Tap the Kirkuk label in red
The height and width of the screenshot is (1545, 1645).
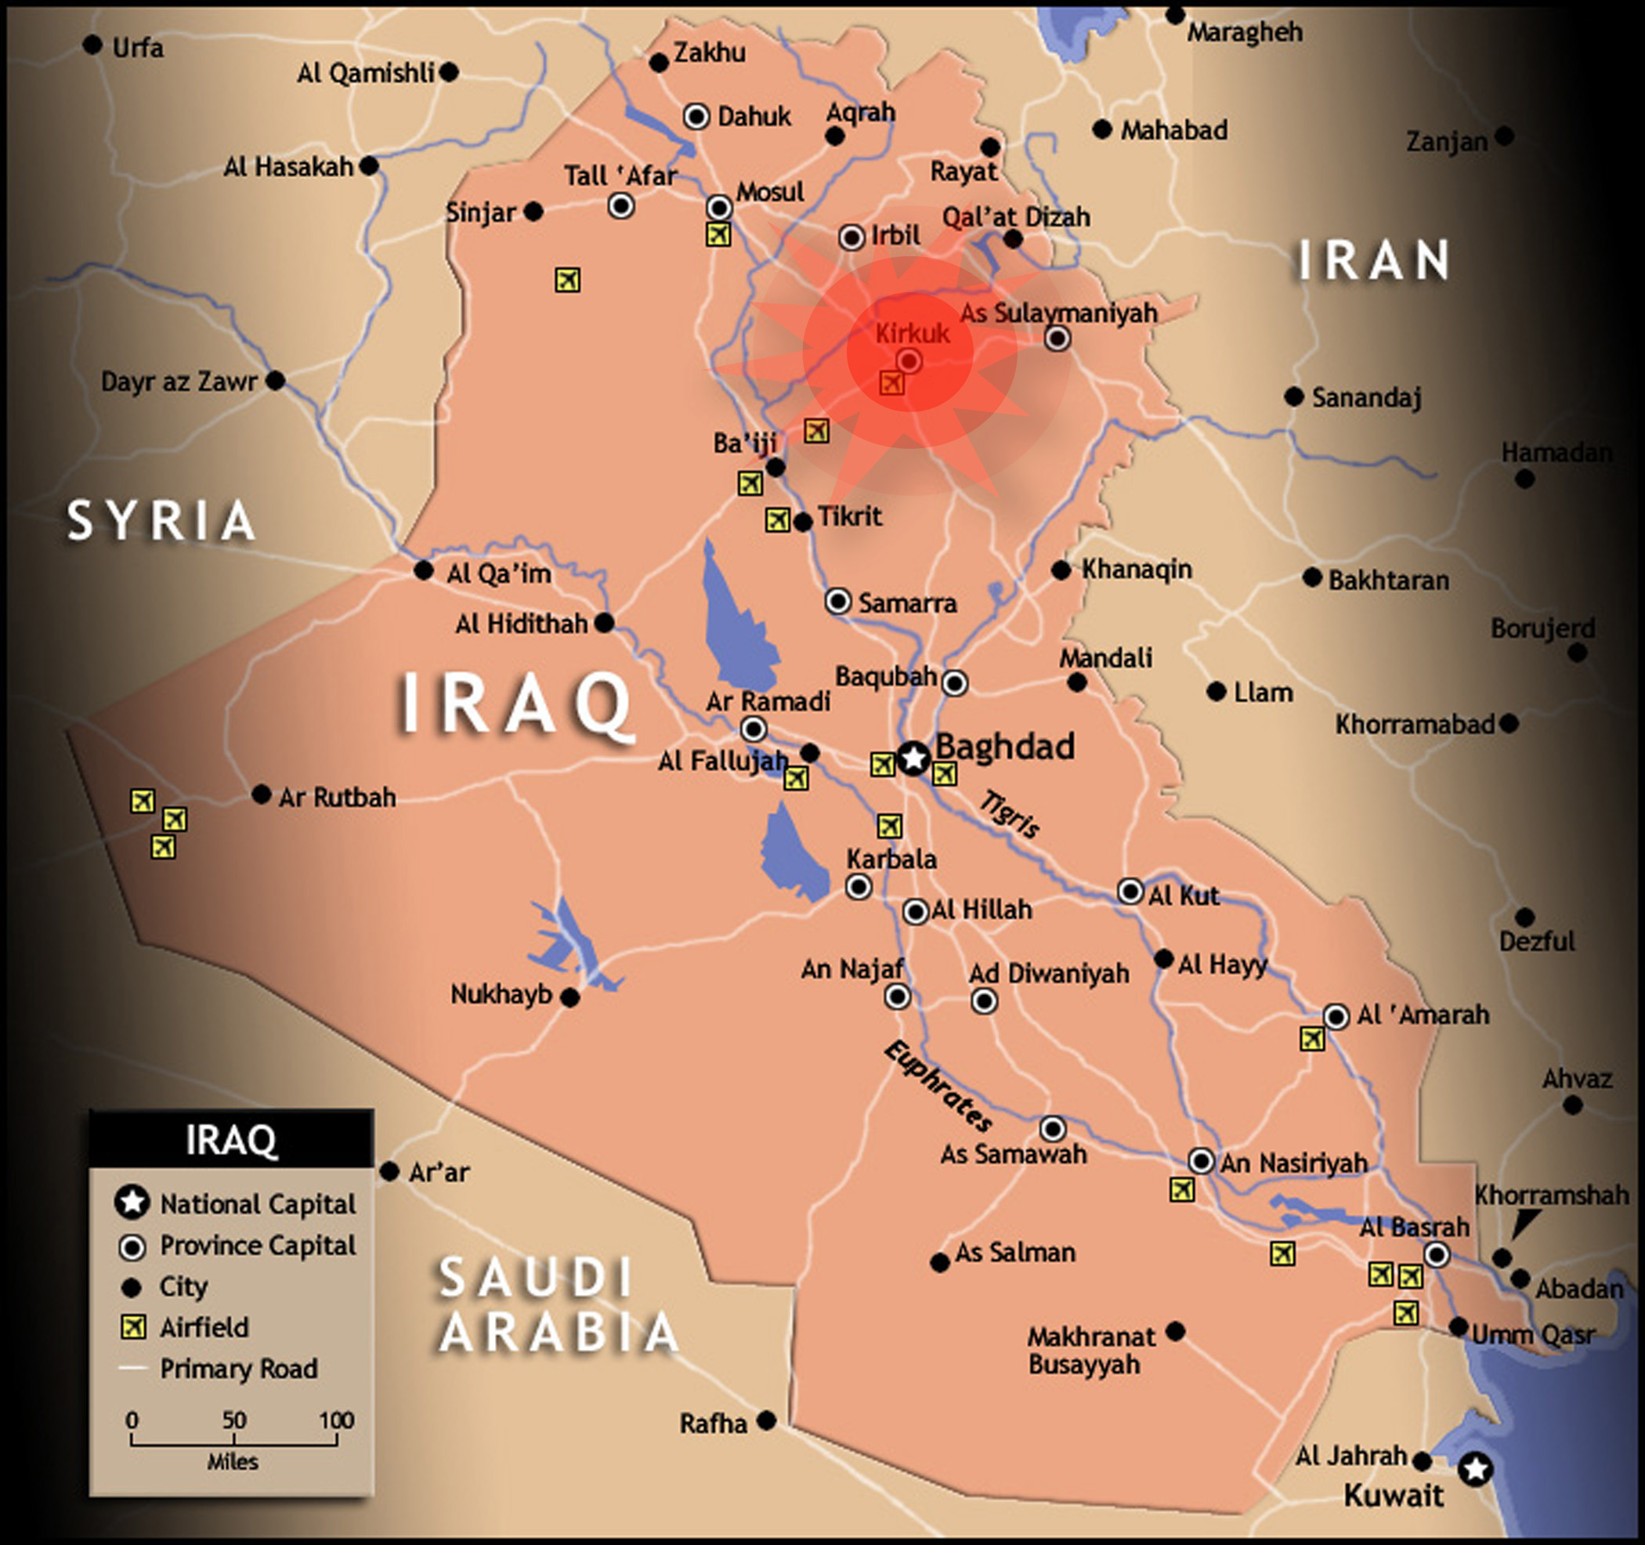pos(913,334)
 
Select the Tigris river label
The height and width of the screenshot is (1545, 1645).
pos(1010,814)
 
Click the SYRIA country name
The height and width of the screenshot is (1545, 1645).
pos(161,521)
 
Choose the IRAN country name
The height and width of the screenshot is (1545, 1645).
pos(1374,261)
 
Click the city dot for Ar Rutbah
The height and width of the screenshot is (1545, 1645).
pos(262,794)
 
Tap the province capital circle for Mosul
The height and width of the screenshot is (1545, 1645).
pos(719,206)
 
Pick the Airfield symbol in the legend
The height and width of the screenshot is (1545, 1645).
pos(133,1327)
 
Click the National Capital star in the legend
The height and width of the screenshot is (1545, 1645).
pos(132,1203)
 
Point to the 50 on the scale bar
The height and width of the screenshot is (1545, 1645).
pos(234,1420)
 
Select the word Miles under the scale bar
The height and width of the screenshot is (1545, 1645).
pos(233,1462)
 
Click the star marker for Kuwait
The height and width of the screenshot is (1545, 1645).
pos(1475,1469)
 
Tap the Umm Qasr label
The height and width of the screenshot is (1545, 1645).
pos(1533,1335)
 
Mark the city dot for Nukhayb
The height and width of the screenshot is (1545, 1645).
pos(570,998)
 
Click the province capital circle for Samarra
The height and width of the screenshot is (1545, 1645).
pos(838,602)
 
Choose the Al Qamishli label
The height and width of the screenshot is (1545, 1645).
pos(365,74)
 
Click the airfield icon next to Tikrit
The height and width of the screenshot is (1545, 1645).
pos(777,519)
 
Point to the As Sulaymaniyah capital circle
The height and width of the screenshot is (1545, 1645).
pos(1057,338)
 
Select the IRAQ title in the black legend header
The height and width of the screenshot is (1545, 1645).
pos(231,1139)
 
